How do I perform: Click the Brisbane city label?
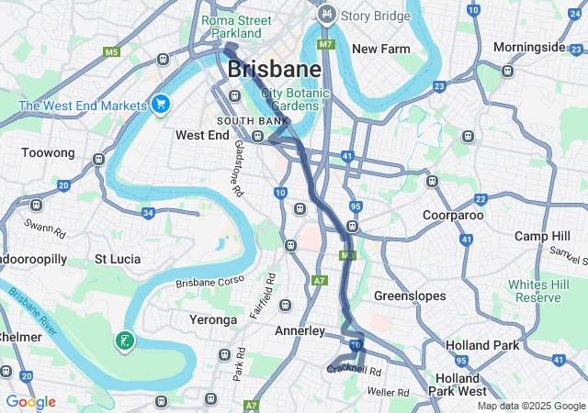pyautogui.click(x=274, y=70)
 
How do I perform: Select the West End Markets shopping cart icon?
pyautogui.click(x=162, y=104)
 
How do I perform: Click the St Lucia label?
pyautogui.click(x=119, y=259)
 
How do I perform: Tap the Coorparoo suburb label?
pyautogui.click(x=453, y=215)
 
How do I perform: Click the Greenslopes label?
pyautogui.click(x=410, y=296)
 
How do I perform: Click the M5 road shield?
pyautogui.click(x=112, y=52)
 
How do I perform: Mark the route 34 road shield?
pyautogui.click(x=148, y=213)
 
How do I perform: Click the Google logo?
pyautogui.click(x=30, y=402)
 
